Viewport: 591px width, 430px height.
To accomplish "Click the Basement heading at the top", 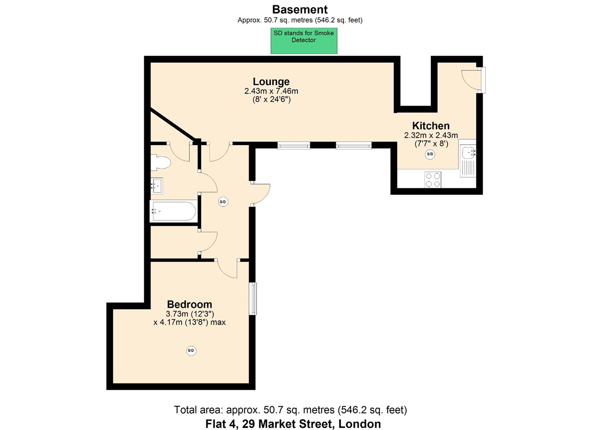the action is pyautogui.click(x=300, y=10).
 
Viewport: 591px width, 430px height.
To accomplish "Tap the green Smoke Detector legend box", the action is pyautogui.click(x=304, y=41).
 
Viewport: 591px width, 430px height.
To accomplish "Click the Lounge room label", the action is pyautogui.click(x=271, y=82).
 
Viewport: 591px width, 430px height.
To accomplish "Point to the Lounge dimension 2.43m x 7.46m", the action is pyautogui.click(x=271, y=91).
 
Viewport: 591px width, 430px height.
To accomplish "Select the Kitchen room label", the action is pyautogui.click(x=431, y=126).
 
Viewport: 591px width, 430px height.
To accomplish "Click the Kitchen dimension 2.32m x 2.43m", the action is pyautogui.click(x=431, y=135).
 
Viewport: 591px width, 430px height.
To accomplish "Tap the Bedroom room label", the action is pyautogui.click(x=189, y=304).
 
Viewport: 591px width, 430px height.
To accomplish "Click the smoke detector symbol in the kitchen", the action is pyautogui.click(x=430, y=154).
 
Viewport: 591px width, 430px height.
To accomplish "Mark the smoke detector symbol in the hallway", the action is pyautogui.click(x=223, y=202).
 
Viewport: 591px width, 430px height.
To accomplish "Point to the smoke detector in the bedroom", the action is pyautogui.click(x=191, y=351).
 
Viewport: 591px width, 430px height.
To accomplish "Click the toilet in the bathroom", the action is pyautogui.click(x=160, y=162).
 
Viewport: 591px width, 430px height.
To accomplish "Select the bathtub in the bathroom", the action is pyautogui.click(x=173, y=211).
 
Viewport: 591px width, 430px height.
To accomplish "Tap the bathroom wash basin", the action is pyautogui.click(x=157, y=185).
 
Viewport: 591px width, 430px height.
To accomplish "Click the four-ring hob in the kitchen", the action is pyautogui.click(x=433, y=180).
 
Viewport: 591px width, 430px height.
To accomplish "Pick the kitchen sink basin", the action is pyautogui.click(x=469, y=153).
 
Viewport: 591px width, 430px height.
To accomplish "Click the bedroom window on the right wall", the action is pyautogui.click(x=253, y=299).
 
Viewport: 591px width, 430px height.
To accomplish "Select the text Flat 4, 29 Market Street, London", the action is pyautogui.click(x=293, y=424).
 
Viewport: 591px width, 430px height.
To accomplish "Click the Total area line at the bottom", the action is pyautogui.click(x=291, y=410).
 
